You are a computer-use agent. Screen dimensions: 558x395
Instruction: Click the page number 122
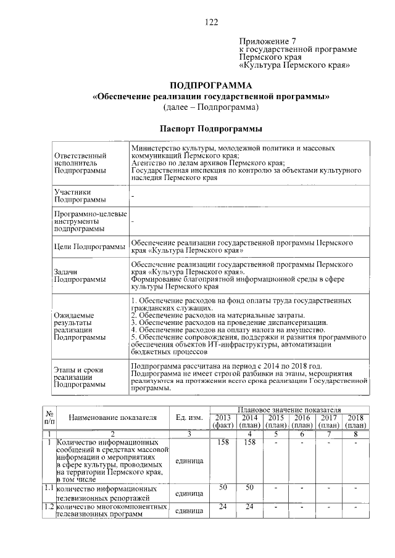tap(212, 22)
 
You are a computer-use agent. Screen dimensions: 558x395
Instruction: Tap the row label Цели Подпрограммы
tap(89, 247)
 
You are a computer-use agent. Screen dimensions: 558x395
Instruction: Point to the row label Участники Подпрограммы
tap(80, 195)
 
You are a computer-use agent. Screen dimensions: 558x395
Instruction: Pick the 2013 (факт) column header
tap(223, 422)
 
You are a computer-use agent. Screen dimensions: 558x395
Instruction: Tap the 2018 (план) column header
tap(355, 422)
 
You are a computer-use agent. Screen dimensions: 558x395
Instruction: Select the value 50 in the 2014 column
tap(249, 488)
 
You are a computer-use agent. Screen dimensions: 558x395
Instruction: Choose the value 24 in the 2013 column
tap(223, 507)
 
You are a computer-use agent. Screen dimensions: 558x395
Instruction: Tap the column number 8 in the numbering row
tap(355, 434)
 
